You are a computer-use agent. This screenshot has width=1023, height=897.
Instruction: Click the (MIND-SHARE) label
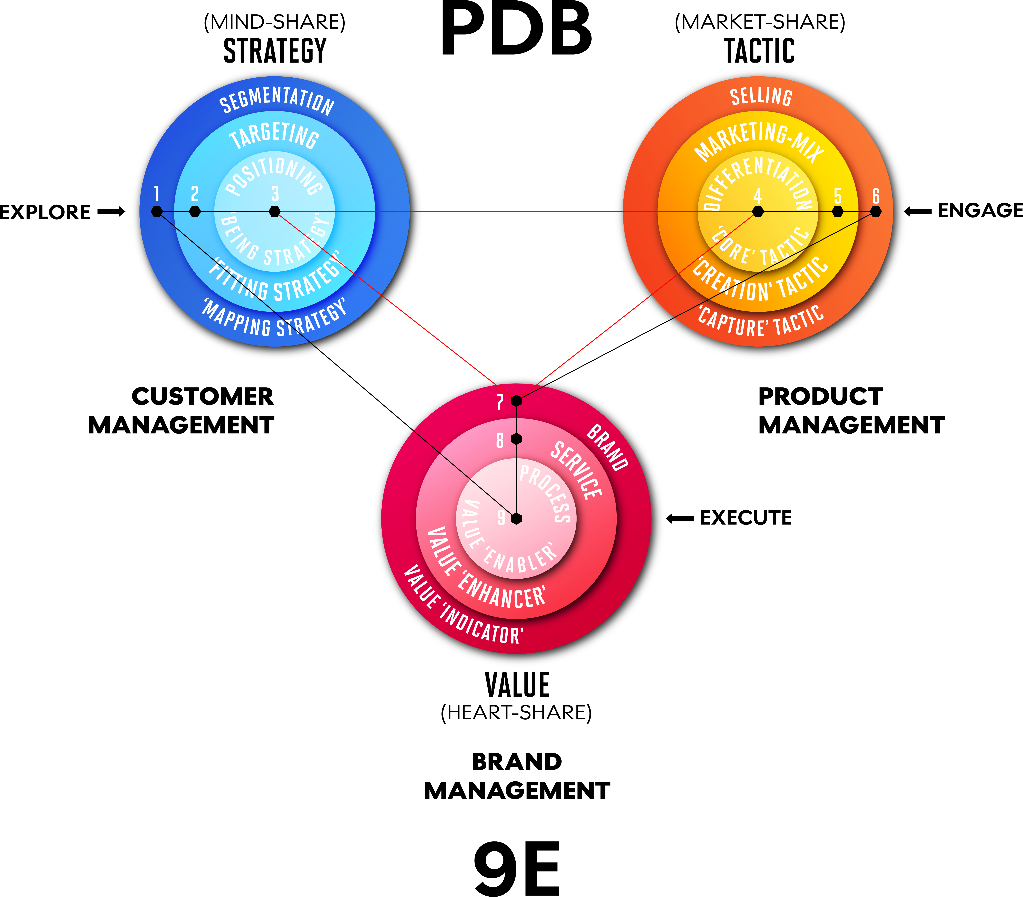pos(274,22)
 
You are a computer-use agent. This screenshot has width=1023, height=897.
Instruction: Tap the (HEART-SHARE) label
pos(516,712)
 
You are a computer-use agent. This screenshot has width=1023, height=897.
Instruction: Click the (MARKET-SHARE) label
pos(760,22)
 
